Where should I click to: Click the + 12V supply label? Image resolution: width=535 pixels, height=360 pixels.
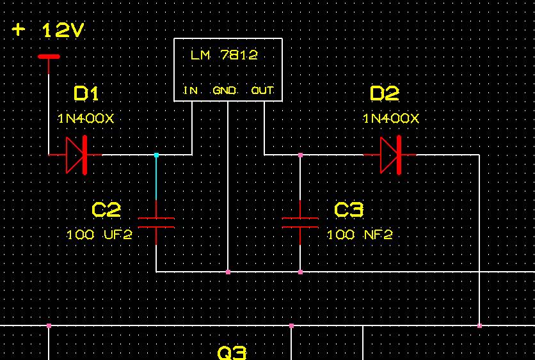(49, 30)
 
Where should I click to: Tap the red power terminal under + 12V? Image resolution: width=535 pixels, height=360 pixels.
(49, 56)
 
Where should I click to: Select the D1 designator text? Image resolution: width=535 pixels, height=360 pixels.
(86, 94)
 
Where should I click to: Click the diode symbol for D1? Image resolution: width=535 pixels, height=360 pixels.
(76, 155)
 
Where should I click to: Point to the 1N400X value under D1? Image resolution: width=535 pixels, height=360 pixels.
(86, 118)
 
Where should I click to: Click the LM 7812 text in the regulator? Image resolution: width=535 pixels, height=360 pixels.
(224, 55)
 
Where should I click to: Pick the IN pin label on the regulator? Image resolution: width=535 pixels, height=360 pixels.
(190, 91)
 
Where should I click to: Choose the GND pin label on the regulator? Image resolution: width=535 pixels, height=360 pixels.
(225, 91)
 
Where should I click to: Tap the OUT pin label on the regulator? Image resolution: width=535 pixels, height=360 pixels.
(262, 91)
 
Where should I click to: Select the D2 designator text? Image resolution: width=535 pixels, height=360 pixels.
(385, 94)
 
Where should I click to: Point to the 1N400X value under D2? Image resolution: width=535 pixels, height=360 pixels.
(391, 118)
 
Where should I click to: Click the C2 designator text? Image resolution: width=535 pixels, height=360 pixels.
(106, 210)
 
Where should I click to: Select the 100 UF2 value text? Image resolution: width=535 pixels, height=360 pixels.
(99, 235)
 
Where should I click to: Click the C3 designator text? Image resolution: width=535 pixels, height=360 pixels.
(349, 210)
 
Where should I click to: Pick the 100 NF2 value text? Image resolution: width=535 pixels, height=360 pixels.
(360, 235)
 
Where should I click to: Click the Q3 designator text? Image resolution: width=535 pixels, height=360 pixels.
(232, 352)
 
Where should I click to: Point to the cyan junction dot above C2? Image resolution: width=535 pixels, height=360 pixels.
(156, 155)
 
